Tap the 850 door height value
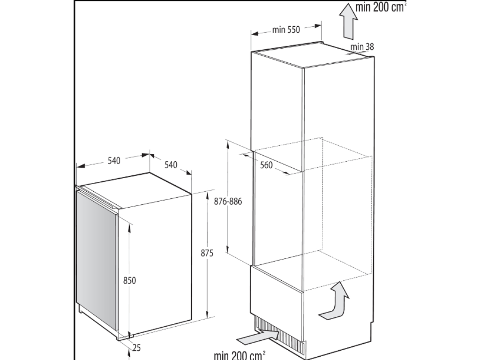(x=129, y=280)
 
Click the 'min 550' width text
(x=285, y=30)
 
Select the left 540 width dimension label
(x=114, y=160)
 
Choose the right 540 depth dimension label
(x=171, y=165)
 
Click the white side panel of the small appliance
(x=159, y=262)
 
